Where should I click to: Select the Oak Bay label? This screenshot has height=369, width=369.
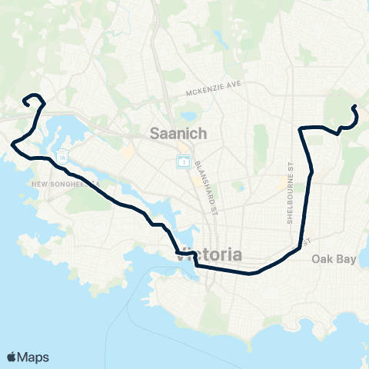pos(334,259)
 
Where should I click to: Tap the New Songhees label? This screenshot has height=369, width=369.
pos(65,184)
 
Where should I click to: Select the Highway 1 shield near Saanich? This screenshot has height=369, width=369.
pos(184,161)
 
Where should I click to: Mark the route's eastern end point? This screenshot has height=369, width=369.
pos(354,107)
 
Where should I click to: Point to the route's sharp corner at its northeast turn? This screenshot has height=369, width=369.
pos(300,128)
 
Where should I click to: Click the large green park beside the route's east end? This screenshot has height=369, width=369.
pos(338,108)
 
